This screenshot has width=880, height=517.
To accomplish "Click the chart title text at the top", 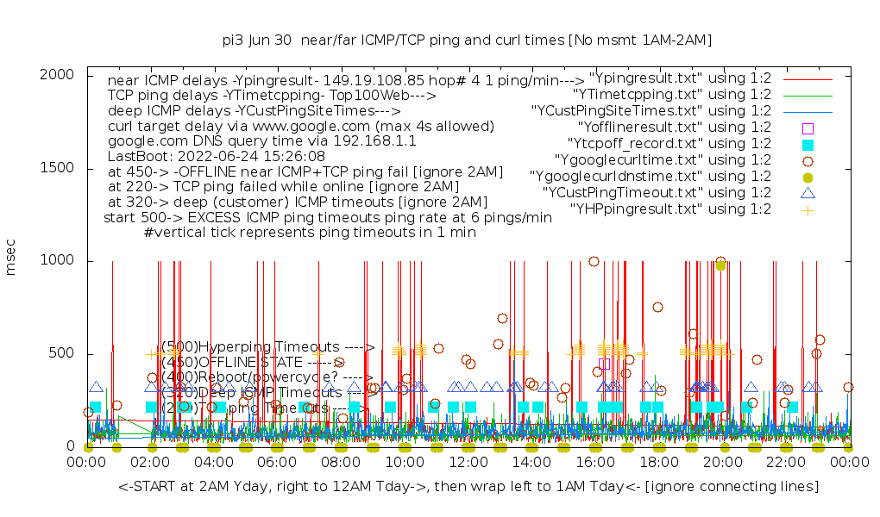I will pyautogui.click(x=467, y=40).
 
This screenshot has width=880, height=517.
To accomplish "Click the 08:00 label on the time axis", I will pyautogui.click(x=341, y=463).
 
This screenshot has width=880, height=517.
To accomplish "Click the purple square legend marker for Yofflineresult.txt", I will pyautogui.click(x=808, y=128).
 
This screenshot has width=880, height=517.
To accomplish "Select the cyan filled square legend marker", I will pyautogui.click(x=808, y=144).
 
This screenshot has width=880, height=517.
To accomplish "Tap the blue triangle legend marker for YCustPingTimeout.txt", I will pyautogui.click(x=808, y=193).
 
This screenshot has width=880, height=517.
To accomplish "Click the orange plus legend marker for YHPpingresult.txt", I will pyautogui.click(x=808, y=209).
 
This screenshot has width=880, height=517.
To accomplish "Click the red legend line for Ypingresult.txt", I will pyautogui.click(x=808, y=78).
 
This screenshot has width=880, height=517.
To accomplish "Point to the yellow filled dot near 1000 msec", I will pyautogui.click(x=720, y=265).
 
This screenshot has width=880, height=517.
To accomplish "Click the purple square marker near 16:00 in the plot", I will pyautogui.click(x=605, y=364).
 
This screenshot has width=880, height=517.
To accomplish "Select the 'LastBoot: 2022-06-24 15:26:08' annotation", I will pyautogui.click(x=216, y=157).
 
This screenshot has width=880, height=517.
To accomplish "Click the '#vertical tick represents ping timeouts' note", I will pyautogui.click(x=310, y=233).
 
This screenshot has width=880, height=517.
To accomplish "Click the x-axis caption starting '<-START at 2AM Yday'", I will pyautogui.click(x=468, y=488).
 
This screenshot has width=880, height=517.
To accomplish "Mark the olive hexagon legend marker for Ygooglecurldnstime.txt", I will pyautogui.click(x=808, y=177).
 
